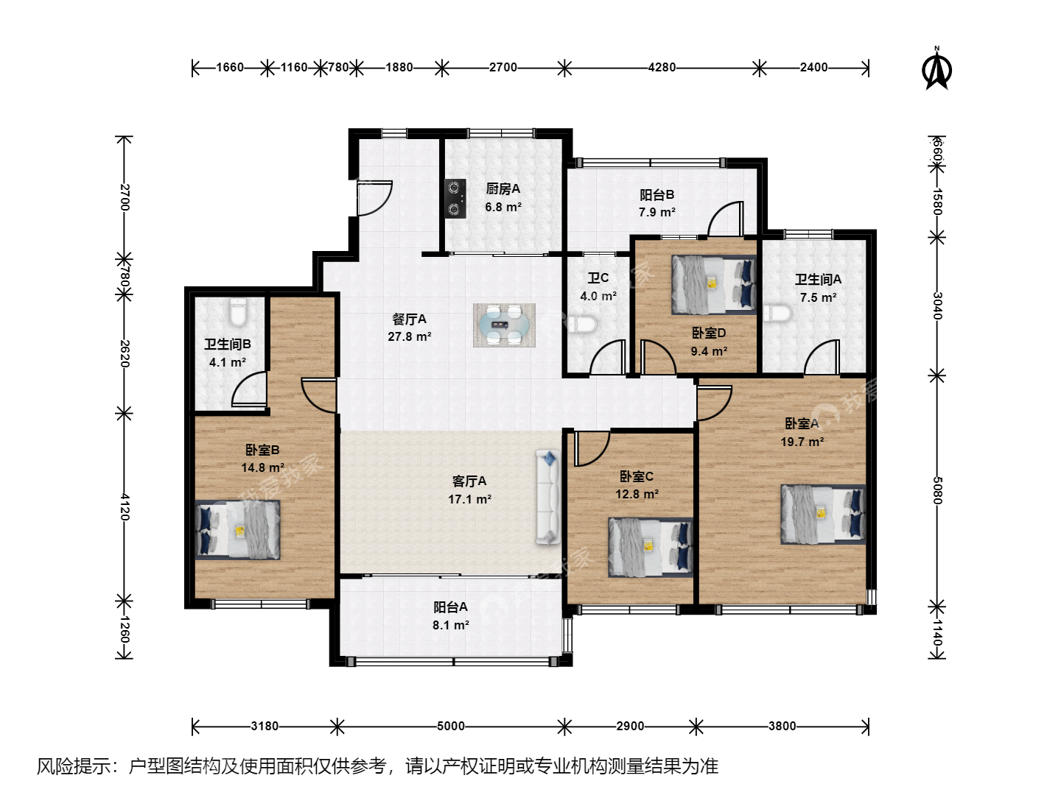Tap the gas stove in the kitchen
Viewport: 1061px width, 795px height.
pyautogui.click(x=455, y=199)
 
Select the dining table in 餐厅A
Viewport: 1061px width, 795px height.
pyautogui.click(x=504, y=325)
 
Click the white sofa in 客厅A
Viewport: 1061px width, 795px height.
pyautogui.click(x=548, y=497)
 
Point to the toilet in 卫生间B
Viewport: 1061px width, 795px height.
pyautogui.click(x=238, y=311)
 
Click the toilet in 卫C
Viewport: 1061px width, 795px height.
pyautogui.click(x=584, y=325)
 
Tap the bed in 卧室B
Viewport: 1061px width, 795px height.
pyautogui.click(x=237, y=530)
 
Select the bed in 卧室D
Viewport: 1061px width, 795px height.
pyautogui.click(x=714, y=285)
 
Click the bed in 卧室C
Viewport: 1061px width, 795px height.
pyautogui.click(x=651, y=548)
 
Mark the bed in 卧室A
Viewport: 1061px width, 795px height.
pyautogui.click(x=823, y=515)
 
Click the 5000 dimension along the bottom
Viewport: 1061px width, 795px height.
pyautogui.click(x=450, y=726)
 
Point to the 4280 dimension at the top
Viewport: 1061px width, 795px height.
pyautogui.click(x=662, y=67)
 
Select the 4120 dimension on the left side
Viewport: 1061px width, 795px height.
pyautogui.click(x=125, y=507)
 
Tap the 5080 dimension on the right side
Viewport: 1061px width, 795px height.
pyautogui.click(x=937, y=490)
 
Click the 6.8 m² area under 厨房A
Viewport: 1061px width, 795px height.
pyautogui.click(x=503, y=207)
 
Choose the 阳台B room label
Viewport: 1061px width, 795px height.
pyautogui.click(x=657, y=194)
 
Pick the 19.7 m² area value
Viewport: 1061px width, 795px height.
pyautogui.click(x=802, y=442)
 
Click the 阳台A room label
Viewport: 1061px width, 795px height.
pyautogui.click(x=450, y=607)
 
